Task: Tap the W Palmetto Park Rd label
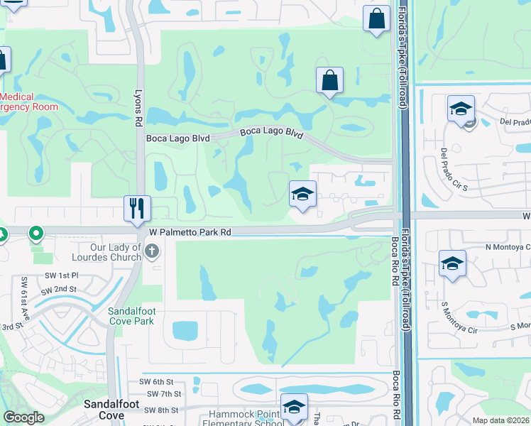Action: [x=190, y=232]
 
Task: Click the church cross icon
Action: [x=151, y=250]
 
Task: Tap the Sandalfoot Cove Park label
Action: [x=136, y=316]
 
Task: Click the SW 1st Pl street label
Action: [x=58, y=275]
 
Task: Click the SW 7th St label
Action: [x=164, y=394]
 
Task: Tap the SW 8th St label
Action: [x=162, y=410]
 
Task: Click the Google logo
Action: [x=23, y=417]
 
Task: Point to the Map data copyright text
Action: [x=500, y=420]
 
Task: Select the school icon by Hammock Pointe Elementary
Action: [x=293, y=407]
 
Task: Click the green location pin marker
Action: [x=35, y=233]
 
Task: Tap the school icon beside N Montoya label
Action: [x=452, y=263]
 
